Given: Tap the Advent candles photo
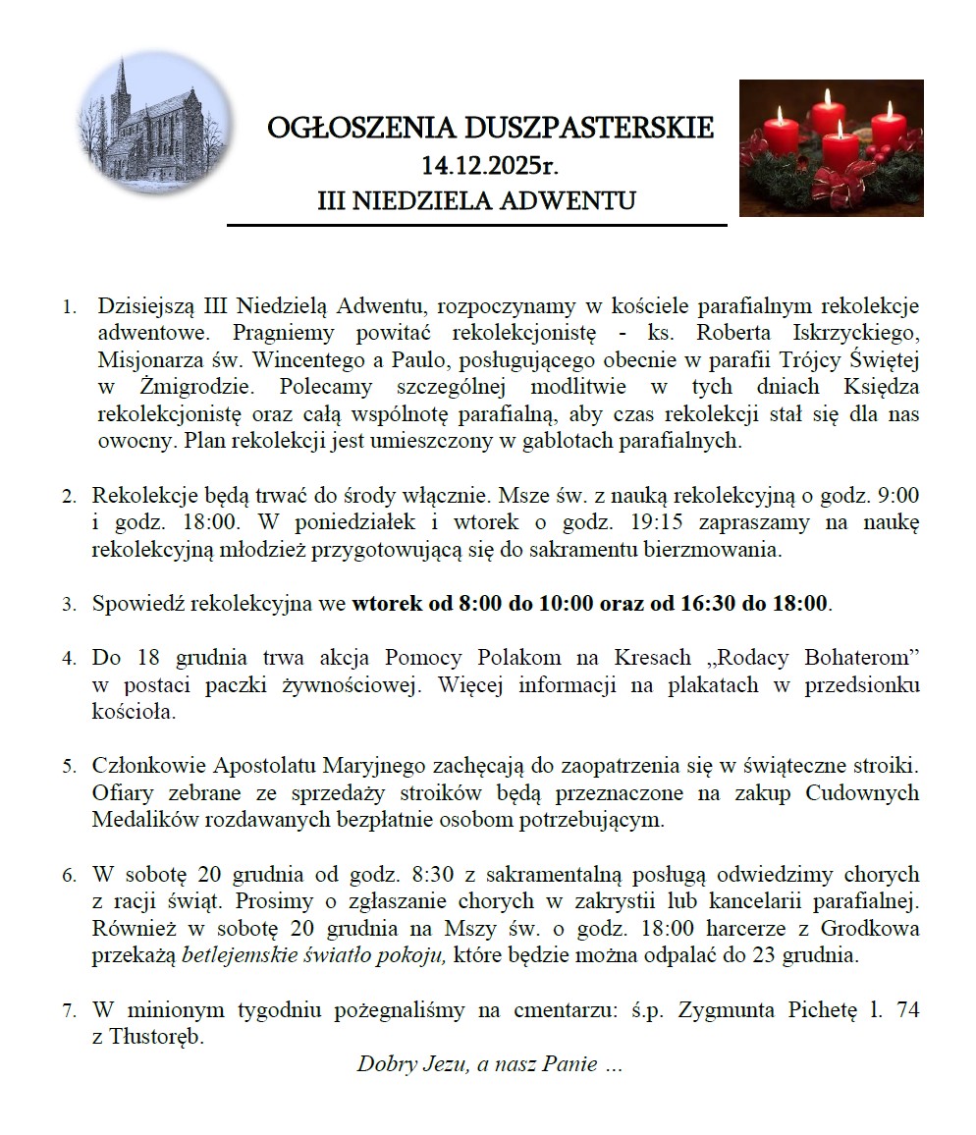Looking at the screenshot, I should pos(831,148).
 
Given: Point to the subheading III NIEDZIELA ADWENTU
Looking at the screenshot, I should pos(477,201).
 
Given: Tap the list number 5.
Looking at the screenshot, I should pos(69,766).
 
